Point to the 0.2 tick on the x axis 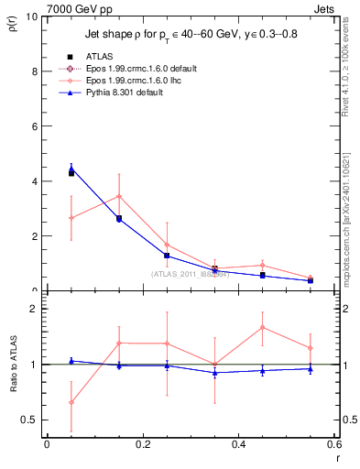point(142,444)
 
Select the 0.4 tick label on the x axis point(238,444)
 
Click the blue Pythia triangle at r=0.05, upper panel point(71,169)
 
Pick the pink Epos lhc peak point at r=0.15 point(119,196)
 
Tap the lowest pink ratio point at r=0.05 point(71,402)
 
